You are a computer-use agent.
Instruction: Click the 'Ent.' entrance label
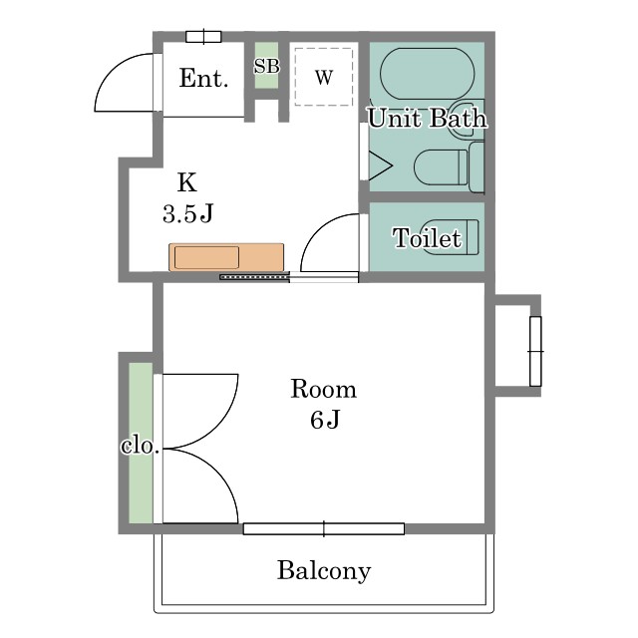pos(203,78)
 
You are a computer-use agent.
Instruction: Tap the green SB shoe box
pos(266,65)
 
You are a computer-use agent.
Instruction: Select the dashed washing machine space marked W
pos(323,77)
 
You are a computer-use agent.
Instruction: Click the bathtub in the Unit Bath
pos(428,74)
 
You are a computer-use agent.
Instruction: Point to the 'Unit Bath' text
pos(428,118)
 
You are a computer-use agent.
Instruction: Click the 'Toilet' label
pos(428,237)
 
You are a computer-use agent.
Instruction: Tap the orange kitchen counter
pos(226,257)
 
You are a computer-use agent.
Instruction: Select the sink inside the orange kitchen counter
pos(206,257)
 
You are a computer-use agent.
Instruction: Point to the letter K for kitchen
pos(187,182)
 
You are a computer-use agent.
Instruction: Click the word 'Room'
pos(323,389)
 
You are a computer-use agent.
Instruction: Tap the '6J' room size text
pos(325,420)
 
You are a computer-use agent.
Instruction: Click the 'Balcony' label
pos(324,570)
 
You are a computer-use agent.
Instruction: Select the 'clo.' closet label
pos(140,446)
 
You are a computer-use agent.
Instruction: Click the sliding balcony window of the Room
pos(324,528)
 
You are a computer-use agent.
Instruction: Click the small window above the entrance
pos(203,37)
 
